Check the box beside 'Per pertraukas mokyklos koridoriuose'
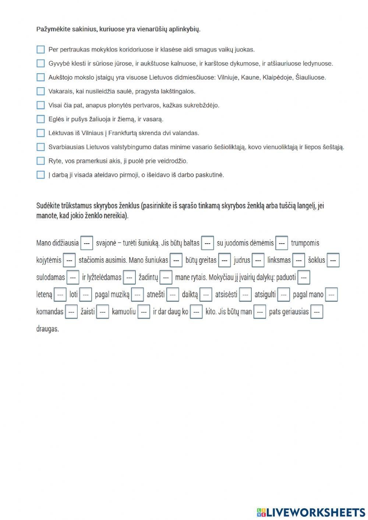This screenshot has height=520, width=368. point(40,49)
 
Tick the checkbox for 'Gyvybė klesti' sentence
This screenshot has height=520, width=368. point(40,63)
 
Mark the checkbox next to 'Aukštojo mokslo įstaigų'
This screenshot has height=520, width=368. point(40,77)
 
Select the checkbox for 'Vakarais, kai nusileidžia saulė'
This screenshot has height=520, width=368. point(40,91)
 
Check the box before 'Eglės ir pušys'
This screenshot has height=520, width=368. point(40,119)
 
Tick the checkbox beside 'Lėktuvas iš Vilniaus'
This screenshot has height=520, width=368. point(40,133)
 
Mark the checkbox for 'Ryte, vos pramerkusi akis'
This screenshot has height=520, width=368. point(40,161)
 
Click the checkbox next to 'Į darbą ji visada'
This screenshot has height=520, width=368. point(40,175)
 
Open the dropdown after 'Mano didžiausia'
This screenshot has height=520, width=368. point(86,243)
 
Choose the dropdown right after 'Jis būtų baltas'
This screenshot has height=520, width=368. point(208,243)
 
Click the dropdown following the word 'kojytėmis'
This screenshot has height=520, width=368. point(69,260)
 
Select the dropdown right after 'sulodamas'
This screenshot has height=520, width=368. point(73,277)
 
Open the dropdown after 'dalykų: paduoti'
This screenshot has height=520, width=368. point(304,277)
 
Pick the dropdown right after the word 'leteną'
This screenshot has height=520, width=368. point(60,295)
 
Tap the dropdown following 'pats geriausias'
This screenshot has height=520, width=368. point(316,312)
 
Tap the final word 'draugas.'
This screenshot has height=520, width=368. point(47,329)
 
